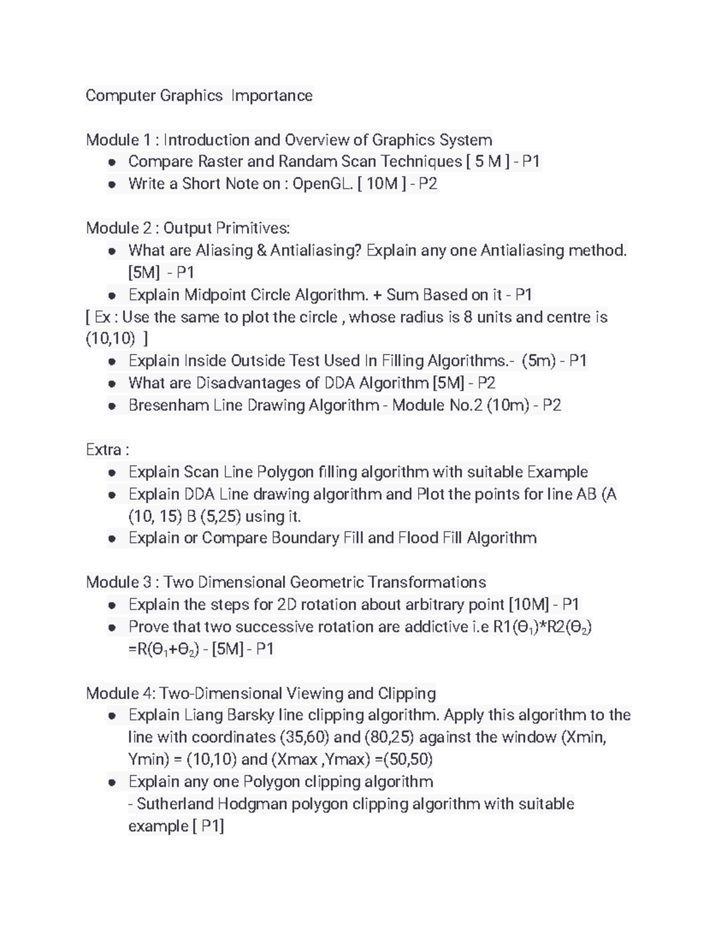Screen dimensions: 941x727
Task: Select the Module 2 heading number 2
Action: pyautogui.click(x=147, y=228)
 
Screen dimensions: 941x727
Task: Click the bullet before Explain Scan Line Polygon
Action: pyautogui.click(x=112, y=473)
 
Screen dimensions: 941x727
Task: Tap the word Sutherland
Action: pyautogui.click(x=175, y=804)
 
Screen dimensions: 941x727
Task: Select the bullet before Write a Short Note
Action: pyautogui.click(x=112, y=184)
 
